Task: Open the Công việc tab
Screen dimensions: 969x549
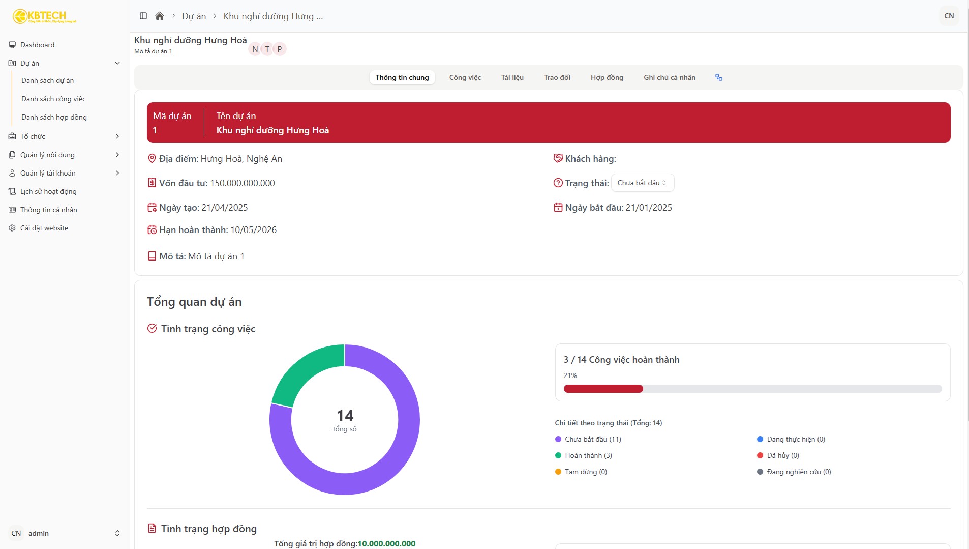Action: pos(465,77)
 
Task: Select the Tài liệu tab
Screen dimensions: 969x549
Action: pos(512,77)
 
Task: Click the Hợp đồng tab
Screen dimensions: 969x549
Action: pos(607,77)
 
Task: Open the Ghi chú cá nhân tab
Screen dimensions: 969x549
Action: pos(669,77)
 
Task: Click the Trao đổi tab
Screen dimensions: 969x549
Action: pos(557,77)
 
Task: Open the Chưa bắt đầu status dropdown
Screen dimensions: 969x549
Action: pos(642,183)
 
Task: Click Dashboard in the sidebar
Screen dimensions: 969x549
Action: pos(37,45)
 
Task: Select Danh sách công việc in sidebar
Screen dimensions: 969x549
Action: pos(53,99)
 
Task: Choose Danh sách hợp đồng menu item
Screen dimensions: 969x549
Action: pos(54,117)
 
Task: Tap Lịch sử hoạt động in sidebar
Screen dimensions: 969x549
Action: pos(48,191)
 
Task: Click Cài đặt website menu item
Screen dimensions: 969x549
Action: pos(44,228)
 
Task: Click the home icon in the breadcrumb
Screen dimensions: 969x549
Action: pos(160,16)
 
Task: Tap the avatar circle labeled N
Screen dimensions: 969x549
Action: pos(255,49)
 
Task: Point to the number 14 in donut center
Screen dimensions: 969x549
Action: pos(345,416)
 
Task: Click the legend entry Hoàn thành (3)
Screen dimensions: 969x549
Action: pos(588,455)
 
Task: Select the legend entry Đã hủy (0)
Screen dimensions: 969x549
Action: pos(782,455)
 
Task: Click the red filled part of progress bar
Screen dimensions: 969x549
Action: pos(603,389)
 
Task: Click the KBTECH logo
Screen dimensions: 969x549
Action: pos(45,16)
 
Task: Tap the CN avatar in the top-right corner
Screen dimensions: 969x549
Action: pos(949,16)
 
